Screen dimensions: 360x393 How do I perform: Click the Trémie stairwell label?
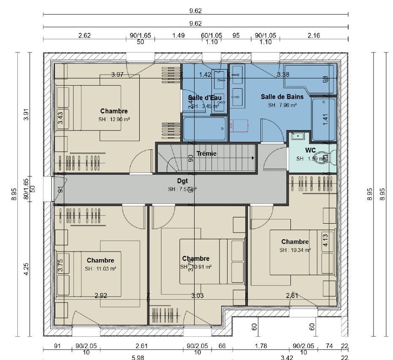(206, 154)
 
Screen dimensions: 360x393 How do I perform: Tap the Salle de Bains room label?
(282, 97)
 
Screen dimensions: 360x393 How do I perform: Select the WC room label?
(311, 150)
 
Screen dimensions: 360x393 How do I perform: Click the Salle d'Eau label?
(205, 98)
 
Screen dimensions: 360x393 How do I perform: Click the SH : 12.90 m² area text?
(114, 119)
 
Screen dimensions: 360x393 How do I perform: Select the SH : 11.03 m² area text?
(100, 268)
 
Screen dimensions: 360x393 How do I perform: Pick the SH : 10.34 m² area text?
(295, 250)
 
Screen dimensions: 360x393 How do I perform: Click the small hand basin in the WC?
(298, 136)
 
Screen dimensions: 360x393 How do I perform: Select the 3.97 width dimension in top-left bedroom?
(117, 75)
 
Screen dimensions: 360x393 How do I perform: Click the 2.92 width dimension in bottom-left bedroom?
(100, 296)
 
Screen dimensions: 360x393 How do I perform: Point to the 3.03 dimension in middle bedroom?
(197, 296)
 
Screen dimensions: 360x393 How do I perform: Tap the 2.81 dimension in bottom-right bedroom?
(292, 296)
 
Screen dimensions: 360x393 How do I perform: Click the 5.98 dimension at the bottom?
(138, 357)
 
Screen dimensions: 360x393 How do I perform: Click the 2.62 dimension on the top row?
(84, 36)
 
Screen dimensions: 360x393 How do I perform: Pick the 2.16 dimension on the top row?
(314, 36)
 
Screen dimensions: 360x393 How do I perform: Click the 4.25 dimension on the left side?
(27, 269)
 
